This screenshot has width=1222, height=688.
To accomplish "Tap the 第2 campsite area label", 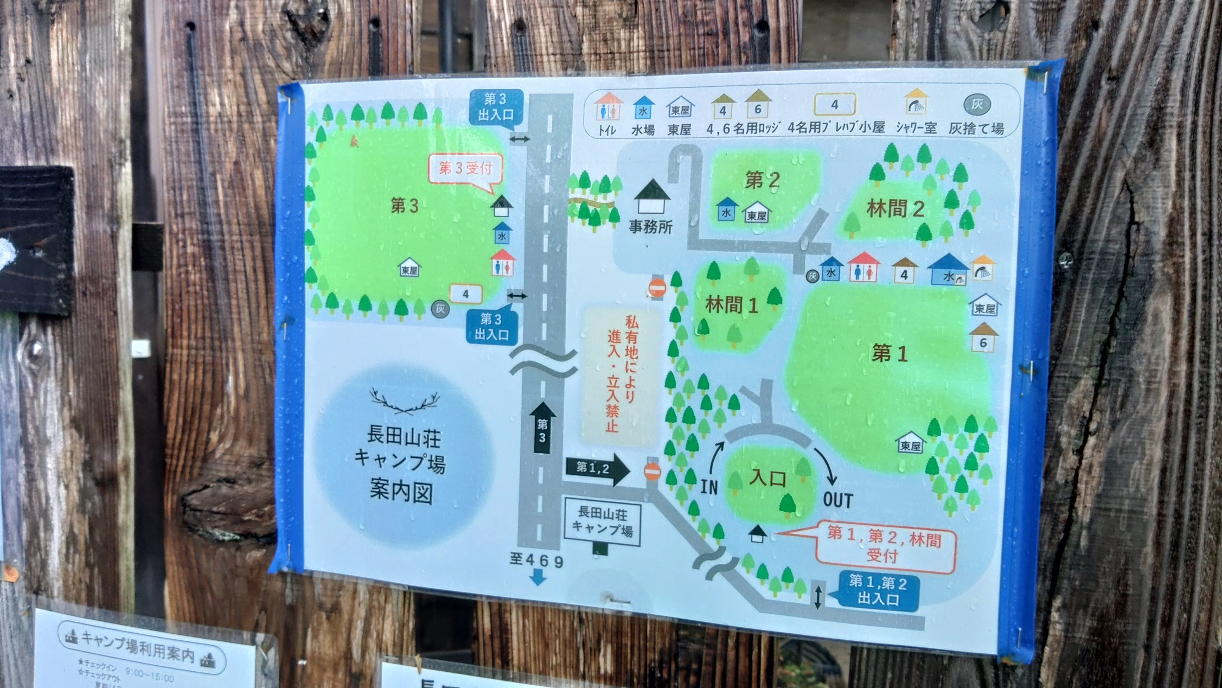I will point(762,180).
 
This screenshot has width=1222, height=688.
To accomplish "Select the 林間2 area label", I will point(895,209).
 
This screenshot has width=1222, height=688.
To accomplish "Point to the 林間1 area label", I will point(731,305).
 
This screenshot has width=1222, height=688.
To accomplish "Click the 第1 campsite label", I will point(889,354).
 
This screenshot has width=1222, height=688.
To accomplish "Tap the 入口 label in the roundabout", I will point(767,478).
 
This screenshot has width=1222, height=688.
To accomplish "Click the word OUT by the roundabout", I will point(837,500).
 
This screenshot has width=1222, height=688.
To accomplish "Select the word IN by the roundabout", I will point(709,487).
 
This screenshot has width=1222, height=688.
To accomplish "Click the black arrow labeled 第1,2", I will point(597,469).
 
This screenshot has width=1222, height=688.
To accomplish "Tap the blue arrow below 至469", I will point(538,578).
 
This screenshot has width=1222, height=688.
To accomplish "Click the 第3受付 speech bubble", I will point(465,169).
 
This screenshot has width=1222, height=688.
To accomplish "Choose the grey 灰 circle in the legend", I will point(977,105).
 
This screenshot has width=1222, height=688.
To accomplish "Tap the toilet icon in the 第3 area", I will point(502,263).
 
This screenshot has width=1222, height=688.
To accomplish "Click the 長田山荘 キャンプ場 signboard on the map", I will point(602,521).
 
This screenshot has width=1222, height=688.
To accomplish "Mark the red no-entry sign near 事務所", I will point(657,287).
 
